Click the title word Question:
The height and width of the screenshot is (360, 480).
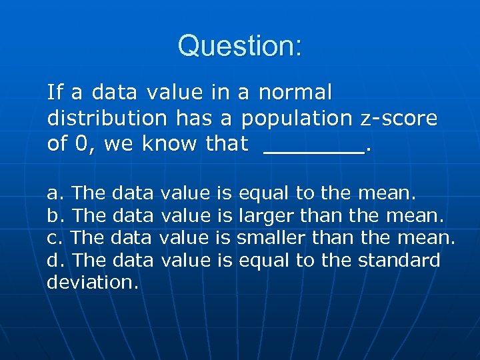(240, 46)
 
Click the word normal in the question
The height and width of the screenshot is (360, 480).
(295, 91)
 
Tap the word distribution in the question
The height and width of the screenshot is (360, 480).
(107, 118)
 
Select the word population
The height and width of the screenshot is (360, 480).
(297, 119)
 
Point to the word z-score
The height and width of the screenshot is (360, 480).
(398, 118)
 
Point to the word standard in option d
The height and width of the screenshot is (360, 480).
(399, 260)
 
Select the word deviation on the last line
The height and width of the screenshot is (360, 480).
(92, 282)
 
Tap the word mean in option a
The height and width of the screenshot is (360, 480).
(386, 194)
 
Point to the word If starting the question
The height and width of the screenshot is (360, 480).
(55, 91)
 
